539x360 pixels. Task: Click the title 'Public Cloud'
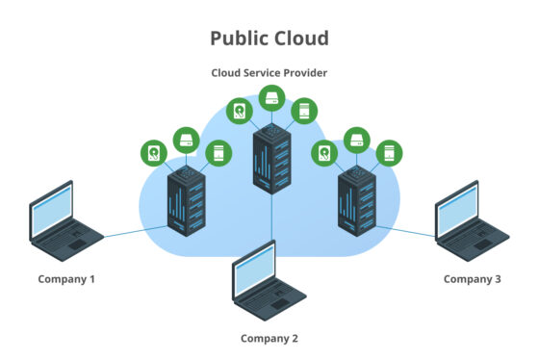tap(269, 39)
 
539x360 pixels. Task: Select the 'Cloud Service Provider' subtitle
tap(269, 72)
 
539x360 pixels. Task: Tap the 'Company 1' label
tap(66, 279)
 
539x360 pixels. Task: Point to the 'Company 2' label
tap(269, 338)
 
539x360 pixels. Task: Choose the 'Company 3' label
tap(472, 279)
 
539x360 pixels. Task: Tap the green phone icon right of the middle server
tap(305, 112)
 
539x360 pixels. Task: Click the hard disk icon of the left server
tap(154, 152)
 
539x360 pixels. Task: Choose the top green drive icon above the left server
tap(187, 139)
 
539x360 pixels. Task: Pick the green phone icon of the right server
tap(391, 152)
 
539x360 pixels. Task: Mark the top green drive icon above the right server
tap(358, 139)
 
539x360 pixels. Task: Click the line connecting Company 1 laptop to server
tap(135, 229)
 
